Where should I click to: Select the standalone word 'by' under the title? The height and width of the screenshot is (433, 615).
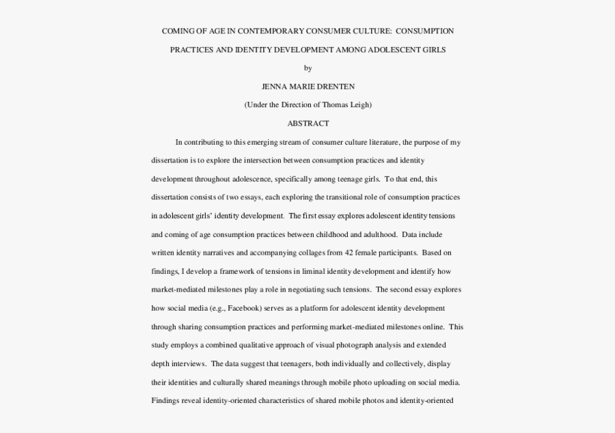(307, 68)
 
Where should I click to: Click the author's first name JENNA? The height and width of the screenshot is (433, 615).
(275, 87)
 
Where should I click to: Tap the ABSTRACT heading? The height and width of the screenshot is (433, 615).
(307, 124)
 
